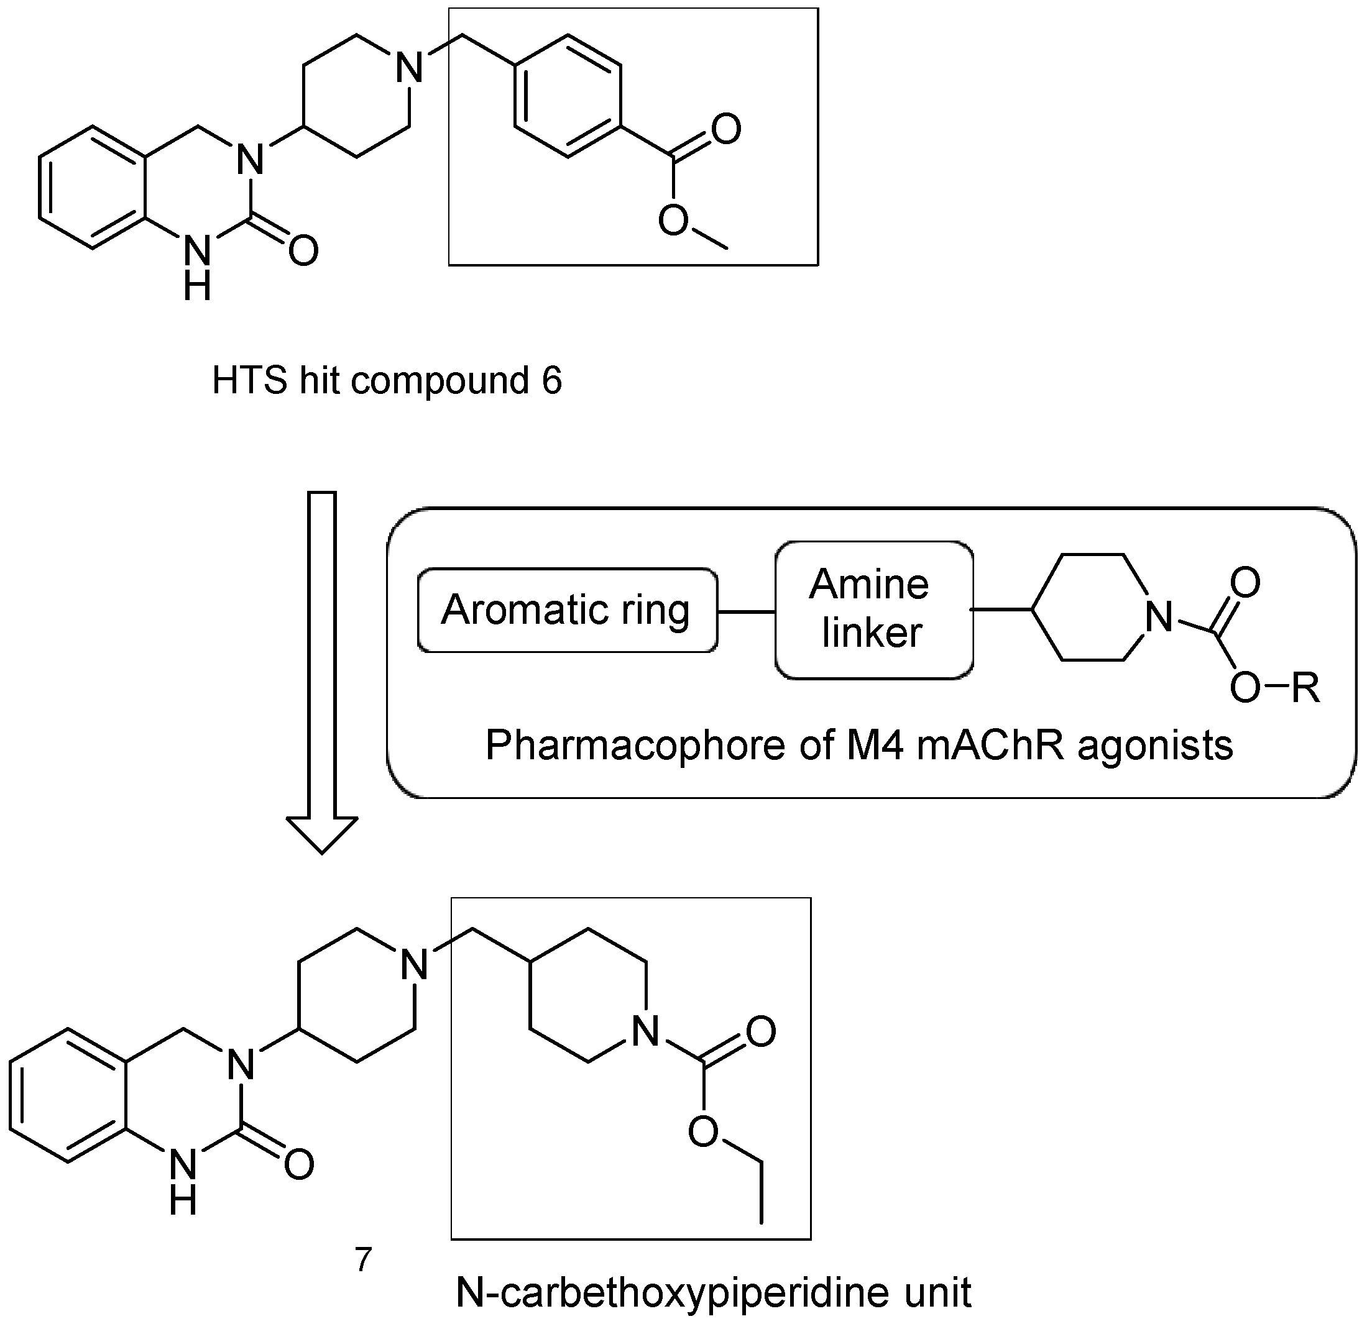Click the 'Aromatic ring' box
point(567,611)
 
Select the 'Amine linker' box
point(873,610)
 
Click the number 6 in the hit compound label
point(551,381)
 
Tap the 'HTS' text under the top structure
point(250,381)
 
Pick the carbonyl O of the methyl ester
point(726,129)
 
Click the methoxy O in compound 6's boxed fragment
point(674,221)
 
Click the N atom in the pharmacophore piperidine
point(1159,616)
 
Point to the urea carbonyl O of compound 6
point(303,250)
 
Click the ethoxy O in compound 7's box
point(703,1131)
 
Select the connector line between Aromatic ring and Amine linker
point(746,612)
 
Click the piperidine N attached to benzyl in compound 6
point(410,68)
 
